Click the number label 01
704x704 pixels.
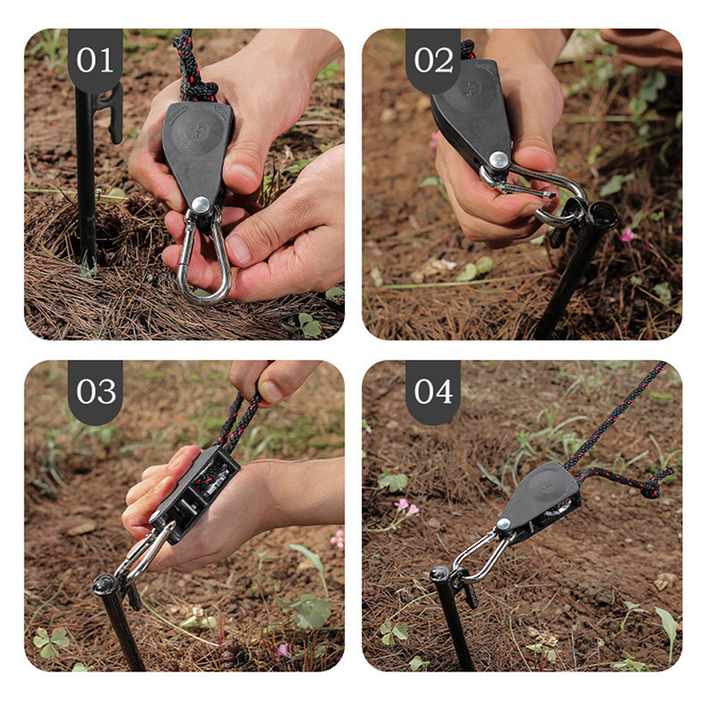point(94,60)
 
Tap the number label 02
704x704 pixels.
point(433,60)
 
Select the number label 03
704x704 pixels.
point(96,392)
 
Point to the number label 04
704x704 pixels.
point(433,392)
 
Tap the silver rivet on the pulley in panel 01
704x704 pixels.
point(201,205)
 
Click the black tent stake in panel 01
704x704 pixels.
point(85,180)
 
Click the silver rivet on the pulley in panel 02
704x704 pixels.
point(498,161)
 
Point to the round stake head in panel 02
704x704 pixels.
point(603,212)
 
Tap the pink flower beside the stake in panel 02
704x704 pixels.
point(628,234)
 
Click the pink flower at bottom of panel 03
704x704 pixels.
point(283,649)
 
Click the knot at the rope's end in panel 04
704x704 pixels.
point(652,488)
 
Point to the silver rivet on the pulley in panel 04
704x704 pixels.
point(503,524)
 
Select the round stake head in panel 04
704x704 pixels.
point(441,575)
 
